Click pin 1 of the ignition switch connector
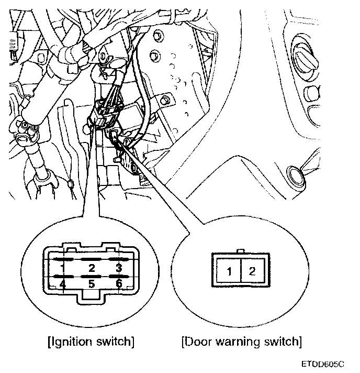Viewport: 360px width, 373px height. (x=62, y=268)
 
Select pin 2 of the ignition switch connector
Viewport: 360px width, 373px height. (x=92, y=268)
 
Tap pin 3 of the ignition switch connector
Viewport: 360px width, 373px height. (x=119, y=268)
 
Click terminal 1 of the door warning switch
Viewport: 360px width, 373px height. (x=229, y=271)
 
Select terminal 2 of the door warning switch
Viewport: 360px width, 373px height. (x=252, y=271)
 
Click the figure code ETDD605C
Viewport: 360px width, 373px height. (x=323, y=363)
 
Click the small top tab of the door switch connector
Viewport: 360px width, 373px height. (x=241, y=252)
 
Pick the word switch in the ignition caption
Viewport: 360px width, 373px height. (x=116, y=343)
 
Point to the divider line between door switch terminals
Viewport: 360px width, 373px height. (x=241, y=271)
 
